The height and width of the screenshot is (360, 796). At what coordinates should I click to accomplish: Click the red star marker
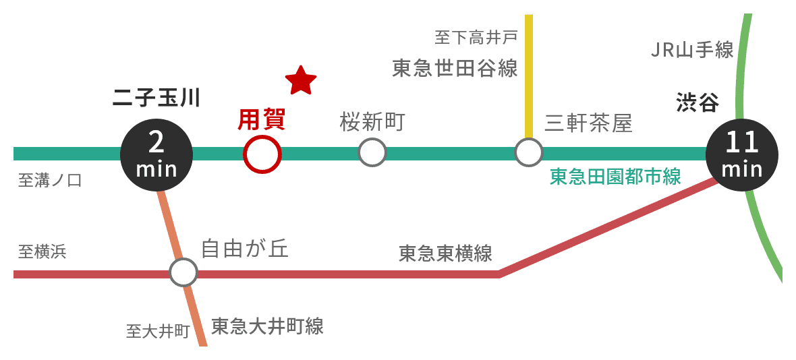pos(301,80)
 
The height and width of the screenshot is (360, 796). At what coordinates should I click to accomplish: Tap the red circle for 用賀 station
pos(262,154)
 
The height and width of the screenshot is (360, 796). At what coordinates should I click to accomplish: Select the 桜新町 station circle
pos(372,152)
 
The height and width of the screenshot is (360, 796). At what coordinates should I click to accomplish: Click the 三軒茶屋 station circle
pos(528,152)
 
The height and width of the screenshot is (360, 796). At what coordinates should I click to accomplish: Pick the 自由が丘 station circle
pos(183,273)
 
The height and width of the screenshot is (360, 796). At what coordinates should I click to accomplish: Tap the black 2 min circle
pos(157,154)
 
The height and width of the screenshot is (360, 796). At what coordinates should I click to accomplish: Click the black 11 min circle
pos(741,154)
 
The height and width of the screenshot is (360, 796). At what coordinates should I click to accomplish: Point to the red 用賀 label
pos(262,119)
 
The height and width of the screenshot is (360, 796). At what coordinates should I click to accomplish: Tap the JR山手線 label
pos(692,50)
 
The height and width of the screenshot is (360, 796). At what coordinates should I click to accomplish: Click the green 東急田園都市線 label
pos(615,177)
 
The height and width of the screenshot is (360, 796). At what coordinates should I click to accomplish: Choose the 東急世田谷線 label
pos(455,68)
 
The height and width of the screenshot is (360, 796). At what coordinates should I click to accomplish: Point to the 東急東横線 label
pos(445,253)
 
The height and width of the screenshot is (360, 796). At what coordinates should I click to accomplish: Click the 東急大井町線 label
pos(267,326)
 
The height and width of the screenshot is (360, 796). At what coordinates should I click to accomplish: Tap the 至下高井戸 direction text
pos(476,37)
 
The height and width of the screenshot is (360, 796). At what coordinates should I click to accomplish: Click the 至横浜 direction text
pos(42,252)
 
